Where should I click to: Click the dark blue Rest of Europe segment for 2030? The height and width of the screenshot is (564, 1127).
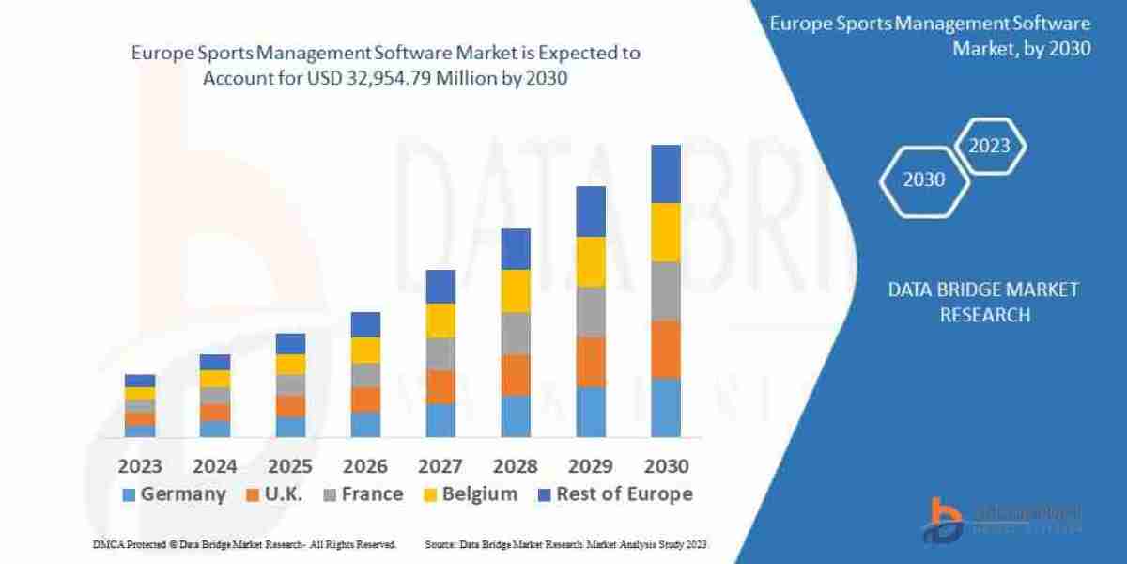pyautogui.click(x=666, y=174)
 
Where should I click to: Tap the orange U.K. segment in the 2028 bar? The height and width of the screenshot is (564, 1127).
pyautogui.click(x=516, y=374)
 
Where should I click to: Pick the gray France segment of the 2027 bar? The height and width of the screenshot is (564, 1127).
pyautogui.click(x=440, y=353)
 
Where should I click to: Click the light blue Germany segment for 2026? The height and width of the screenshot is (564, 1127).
pyautogui.click(x=365, y=424)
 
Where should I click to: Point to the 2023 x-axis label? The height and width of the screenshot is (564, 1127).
pyautogui.click(x=139, y=466)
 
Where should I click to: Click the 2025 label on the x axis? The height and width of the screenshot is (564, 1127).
pyautogui.click(x=290, y=466)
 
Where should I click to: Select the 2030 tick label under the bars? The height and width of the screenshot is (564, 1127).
pyautogui.click(x=666, y=466)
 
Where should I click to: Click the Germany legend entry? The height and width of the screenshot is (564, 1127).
pyautogui.click(x=174, y=494)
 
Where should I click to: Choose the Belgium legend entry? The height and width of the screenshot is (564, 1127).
pyautogui.click(x=470, y=494)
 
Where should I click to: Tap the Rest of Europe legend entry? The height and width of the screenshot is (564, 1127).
pyautogui.click(x=614, y=494)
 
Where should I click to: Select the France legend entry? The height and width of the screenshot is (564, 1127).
pyautogui.click(x=361, y=494)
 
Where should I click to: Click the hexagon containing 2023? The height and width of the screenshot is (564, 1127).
pyautogui.click(x=989, y=146)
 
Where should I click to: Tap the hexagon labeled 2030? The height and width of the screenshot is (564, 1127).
pyautogui.click(x=924, y=180)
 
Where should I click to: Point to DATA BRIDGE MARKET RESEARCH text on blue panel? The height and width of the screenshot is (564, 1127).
pyautogui.click(x=983, y=302)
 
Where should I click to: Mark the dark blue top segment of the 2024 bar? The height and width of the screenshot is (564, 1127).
pyautogui.click(x=215, y=362)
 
